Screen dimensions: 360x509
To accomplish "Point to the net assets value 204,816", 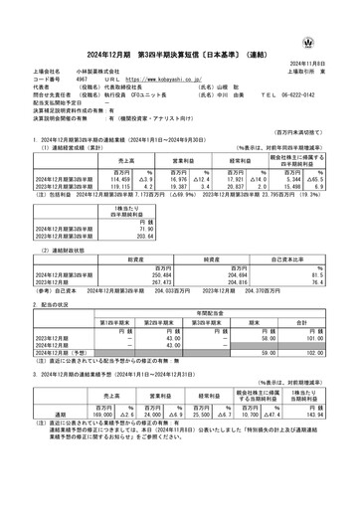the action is tap(231, 277).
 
